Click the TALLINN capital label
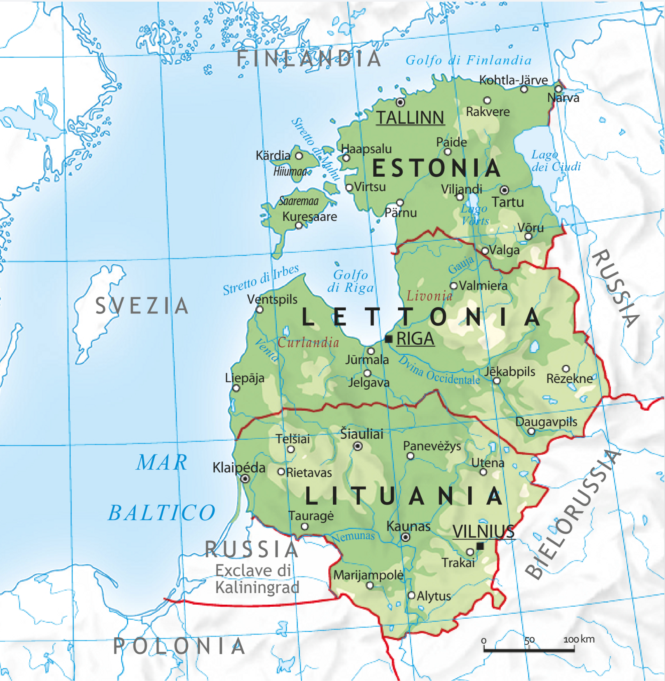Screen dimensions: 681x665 pos(410,118)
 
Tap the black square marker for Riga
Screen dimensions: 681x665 pos(388,339)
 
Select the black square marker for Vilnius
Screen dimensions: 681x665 pos(480,546)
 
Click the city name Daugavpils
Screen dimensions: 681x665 pos(546,422)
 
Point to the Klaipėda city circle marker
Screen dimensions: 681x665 pos(245,479)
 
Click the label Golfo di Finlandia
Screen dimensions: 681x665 pos(469,60)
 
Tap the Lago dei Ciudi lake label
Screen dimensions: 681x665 pos(556,161)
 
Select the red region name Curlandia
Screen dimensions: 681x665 pos(308,342)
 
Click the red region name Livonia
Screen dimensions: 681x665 pos(429,296)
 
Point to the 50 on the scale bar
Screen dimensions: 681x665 pos(529,640)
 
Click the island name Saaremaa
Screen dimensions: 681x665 pos(299,201)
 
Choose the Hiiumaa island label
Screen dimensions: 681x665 pos(290,171)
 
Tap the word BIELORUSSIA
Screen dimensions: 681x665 pos(573,514)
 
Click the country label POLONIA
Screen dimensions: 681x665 pos(179,646)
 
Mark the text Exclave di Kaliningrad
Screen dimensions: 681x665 pos(257,579)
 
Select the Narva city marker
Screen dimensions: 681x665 pos(558,89)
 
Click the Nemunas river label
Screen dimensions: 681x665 pos(354,537)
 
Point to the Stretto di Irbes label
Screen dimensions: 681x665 pos(261,279)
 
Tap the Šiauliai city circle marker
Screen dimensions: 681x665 pos(358,446)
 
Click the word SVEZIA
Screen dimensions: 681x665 pos(142,306)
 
